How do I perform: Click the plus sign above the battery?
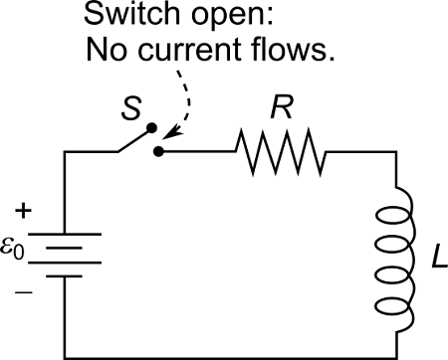(x=24, y=212)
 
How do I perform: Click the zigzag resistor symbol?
(x=281, y=151)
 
